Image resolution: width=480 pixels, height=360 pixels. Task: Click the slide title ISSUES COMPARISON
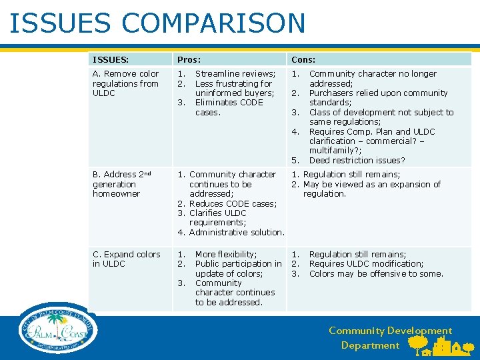coord(157,23)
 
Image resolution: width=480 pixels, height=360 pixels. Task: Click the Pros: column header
coord(189,59)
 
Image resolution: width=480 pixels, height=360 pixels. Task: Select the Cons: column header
coord(303,59)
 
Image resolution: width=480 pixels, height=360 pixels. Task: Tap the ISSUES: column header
coord(111,59)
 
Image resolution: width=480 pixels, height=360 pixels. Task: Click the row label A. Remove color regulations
coord(125,83)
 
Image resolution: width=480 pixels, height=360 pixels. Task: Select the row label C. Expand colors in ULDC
coord(126,259)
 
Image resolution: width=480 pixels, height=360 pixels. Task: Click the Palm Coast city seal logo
coord(59,328)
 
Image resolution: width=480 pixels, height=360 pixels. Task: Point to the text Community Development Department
coord(390,338)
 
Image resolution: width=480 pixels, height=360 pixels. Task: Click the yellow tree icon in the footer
coord(418,344)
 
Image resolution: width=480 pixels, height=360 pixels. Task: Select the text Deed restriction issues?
coord(357,160)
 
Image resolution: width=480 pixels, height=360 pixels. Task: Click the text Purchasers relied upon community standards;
coord(378,97)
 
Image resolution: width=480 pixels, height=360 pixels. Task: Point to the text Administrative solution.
coord(237,232)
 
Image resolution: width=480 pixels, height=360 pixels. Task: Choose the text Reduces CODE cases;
coord(233,203)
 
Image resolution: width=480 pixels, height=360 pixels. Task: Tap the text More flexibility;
coord(225,254)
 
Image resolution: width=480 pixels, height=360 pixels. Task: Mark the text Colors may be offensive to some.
coord(376,273)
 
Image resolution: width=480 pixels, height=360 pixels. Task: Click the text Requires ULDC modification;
coord(366,263)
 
